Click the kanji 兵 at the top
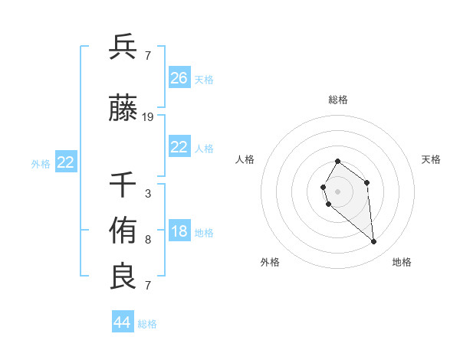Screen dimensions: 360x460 click(123, 47)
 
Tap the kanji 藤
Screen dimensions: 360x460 click(123, 110)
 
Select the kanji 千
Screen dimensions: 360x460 click(123, 185)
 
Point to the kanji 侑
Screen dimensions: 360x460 click(123, 230)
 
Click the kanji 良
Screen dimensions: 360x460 click(123, 277)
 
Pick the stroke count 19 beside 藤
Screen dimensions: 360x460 click(148, 117)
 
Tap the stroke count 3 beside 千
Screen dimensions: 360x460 click(148, 193)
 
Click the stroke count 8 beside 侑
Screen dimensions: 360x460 click(148, 239)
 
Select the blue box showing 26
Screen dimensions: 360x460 click(179, 78)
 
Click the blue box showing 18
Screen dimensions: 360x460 click(179, 232)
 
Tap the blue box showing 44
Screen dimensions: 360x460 click(123, 322)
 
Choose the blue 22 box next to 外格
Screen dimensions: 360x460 click(66, 162)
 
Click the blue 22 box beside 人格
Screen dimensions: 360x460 click(179, 147)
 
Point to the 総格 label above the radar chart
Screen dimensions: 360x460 click(338, 100)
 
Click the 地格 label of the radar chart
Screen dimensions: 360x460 click(402, 262)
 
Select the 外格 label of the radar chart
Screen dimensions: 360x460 click(270, 262)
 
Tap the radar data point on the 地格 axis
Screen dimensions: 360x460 click(374, 242)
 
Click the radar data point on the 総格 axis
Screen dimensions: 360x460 click(337, 162)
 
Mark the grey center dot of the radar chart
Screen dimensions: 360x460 click(337, 191)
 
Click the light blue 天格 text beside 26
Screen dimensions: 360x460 click(204, 79)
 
